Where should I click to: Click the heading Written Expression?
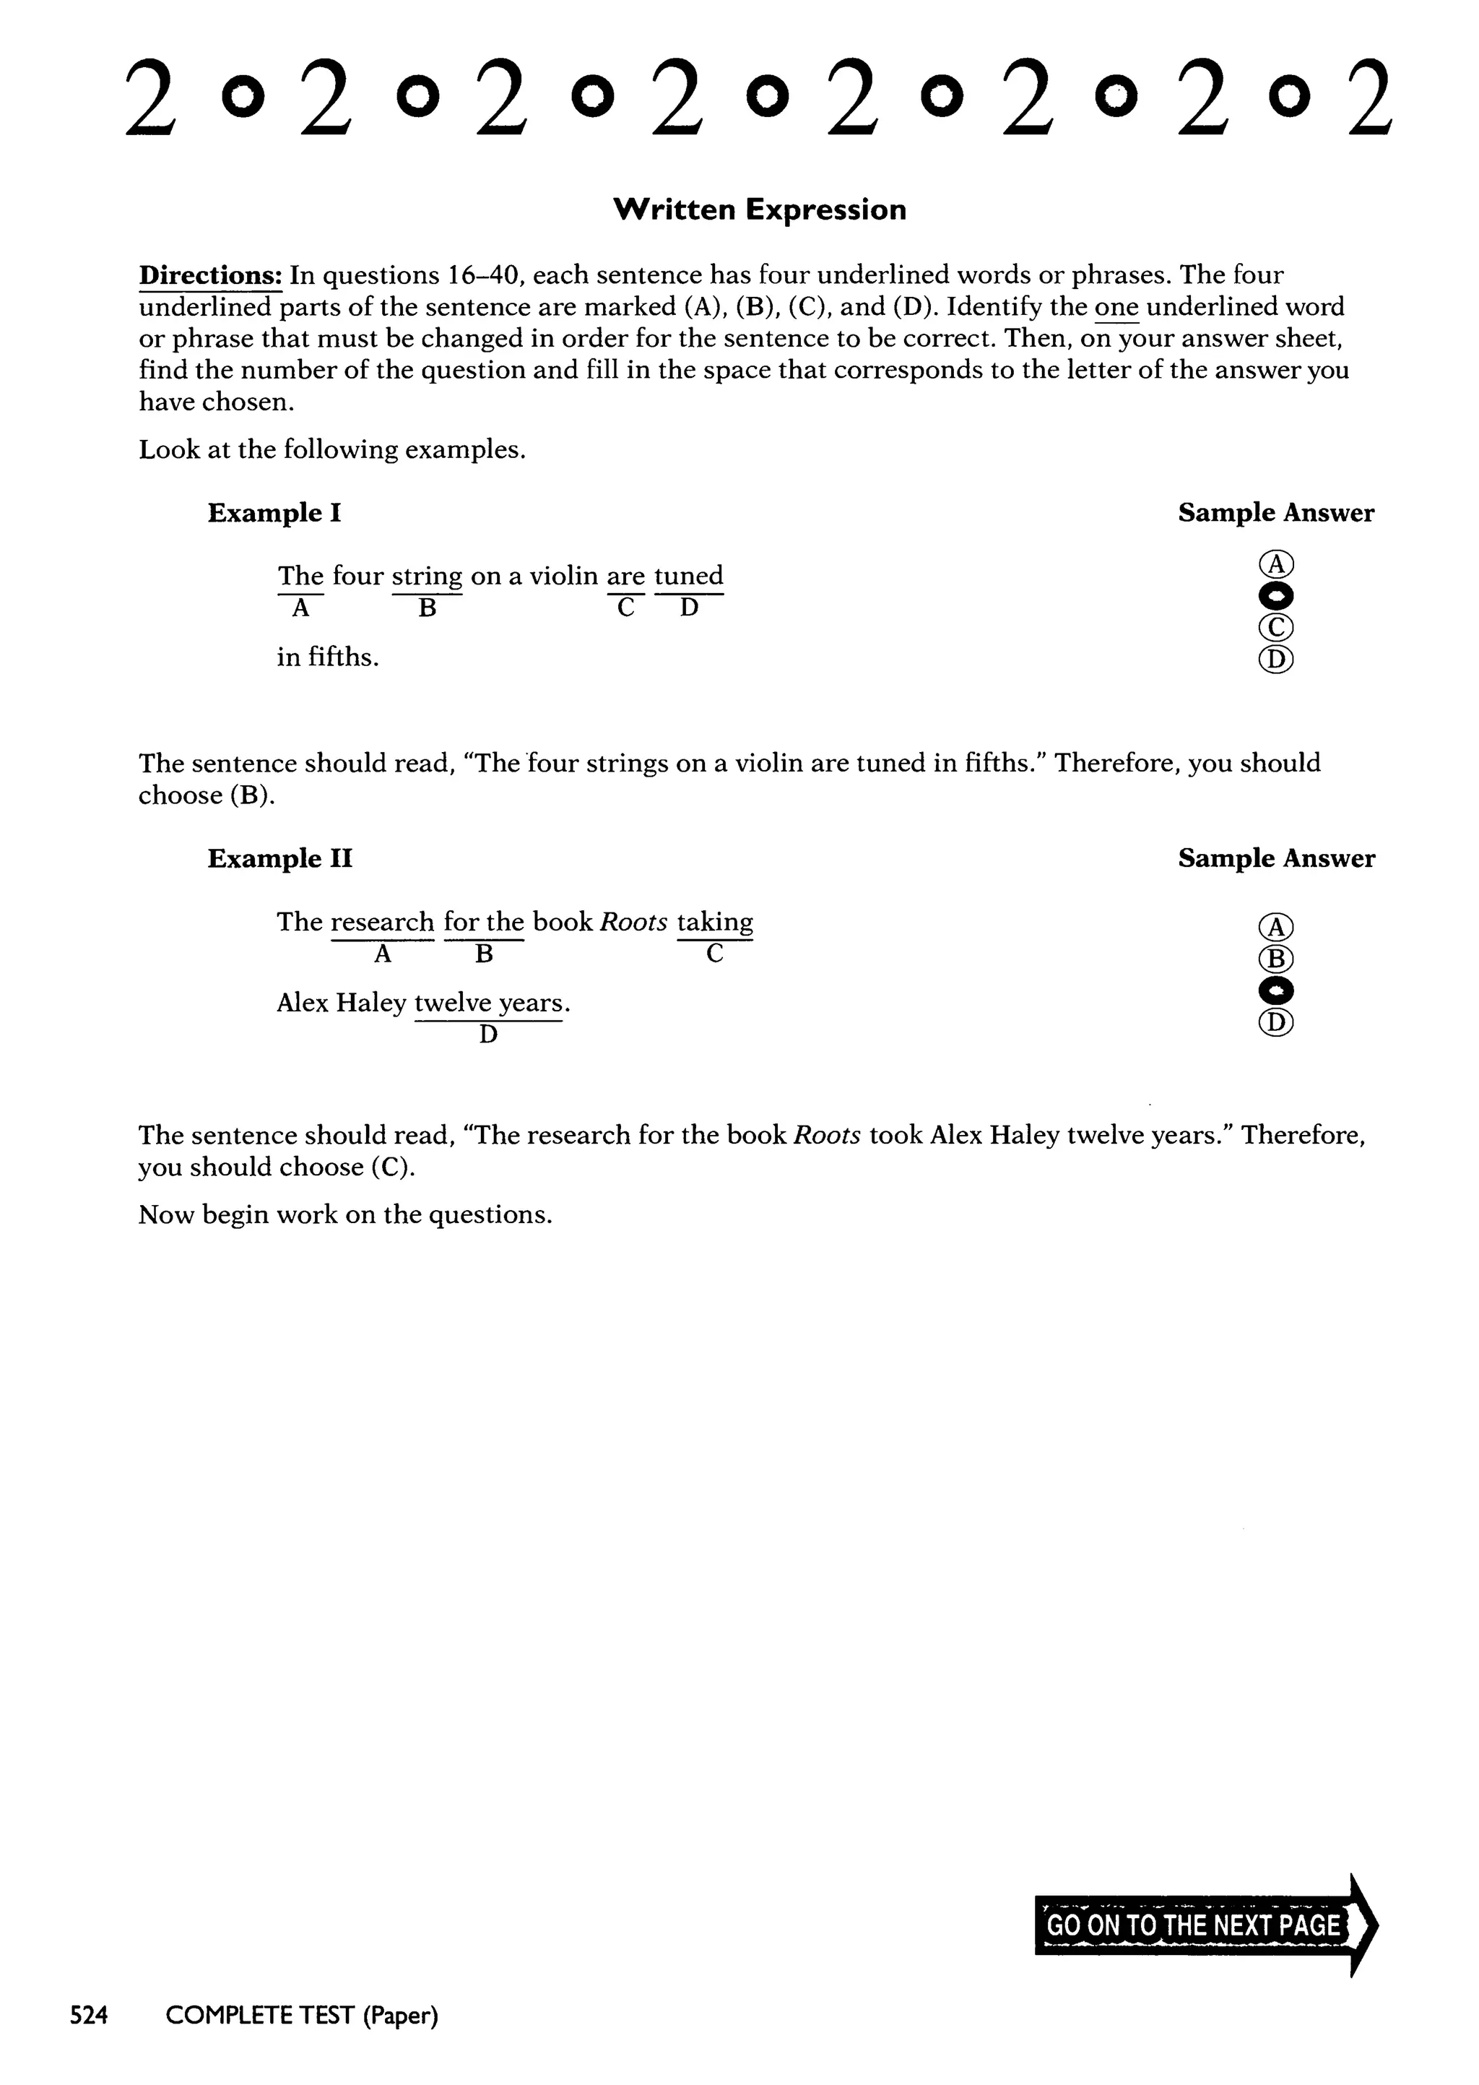pos(760,210)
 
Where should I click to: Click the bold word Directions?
pos(210,275)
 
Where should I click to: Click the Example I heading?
pos(274,513)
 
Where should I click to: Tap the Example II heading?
pos(279,858)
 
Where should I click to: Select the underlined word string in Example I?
pos(427,577)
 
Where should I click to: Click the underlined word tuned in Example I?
pos(688,576)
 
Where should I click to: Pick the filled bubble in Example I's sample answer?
pos(1276,597)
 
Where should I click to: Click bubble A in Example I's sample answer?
pos(1276,565)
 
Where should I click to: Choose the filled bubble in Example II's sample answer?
pos(1276,990)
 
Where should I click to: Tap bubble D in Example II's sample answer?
pos(1276,1022)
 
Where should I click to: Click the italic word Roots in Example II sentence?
pos(634,922)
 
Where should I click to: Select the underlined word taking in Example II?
pos(715,922)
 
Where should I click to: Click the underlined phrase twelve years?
pos(489,1003)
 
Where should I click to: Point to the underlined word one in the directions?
pos(1116,308)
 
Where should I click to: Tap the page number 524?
pos(90,2016)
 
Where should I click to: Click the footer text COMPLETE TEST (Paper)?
pos(301,2016)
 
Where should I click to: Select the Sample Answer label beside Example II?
pos(1276,858)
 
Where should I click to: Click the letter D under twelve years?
pos(488,1035)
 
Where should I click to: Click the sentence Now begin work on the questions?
pos(345,1214)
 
